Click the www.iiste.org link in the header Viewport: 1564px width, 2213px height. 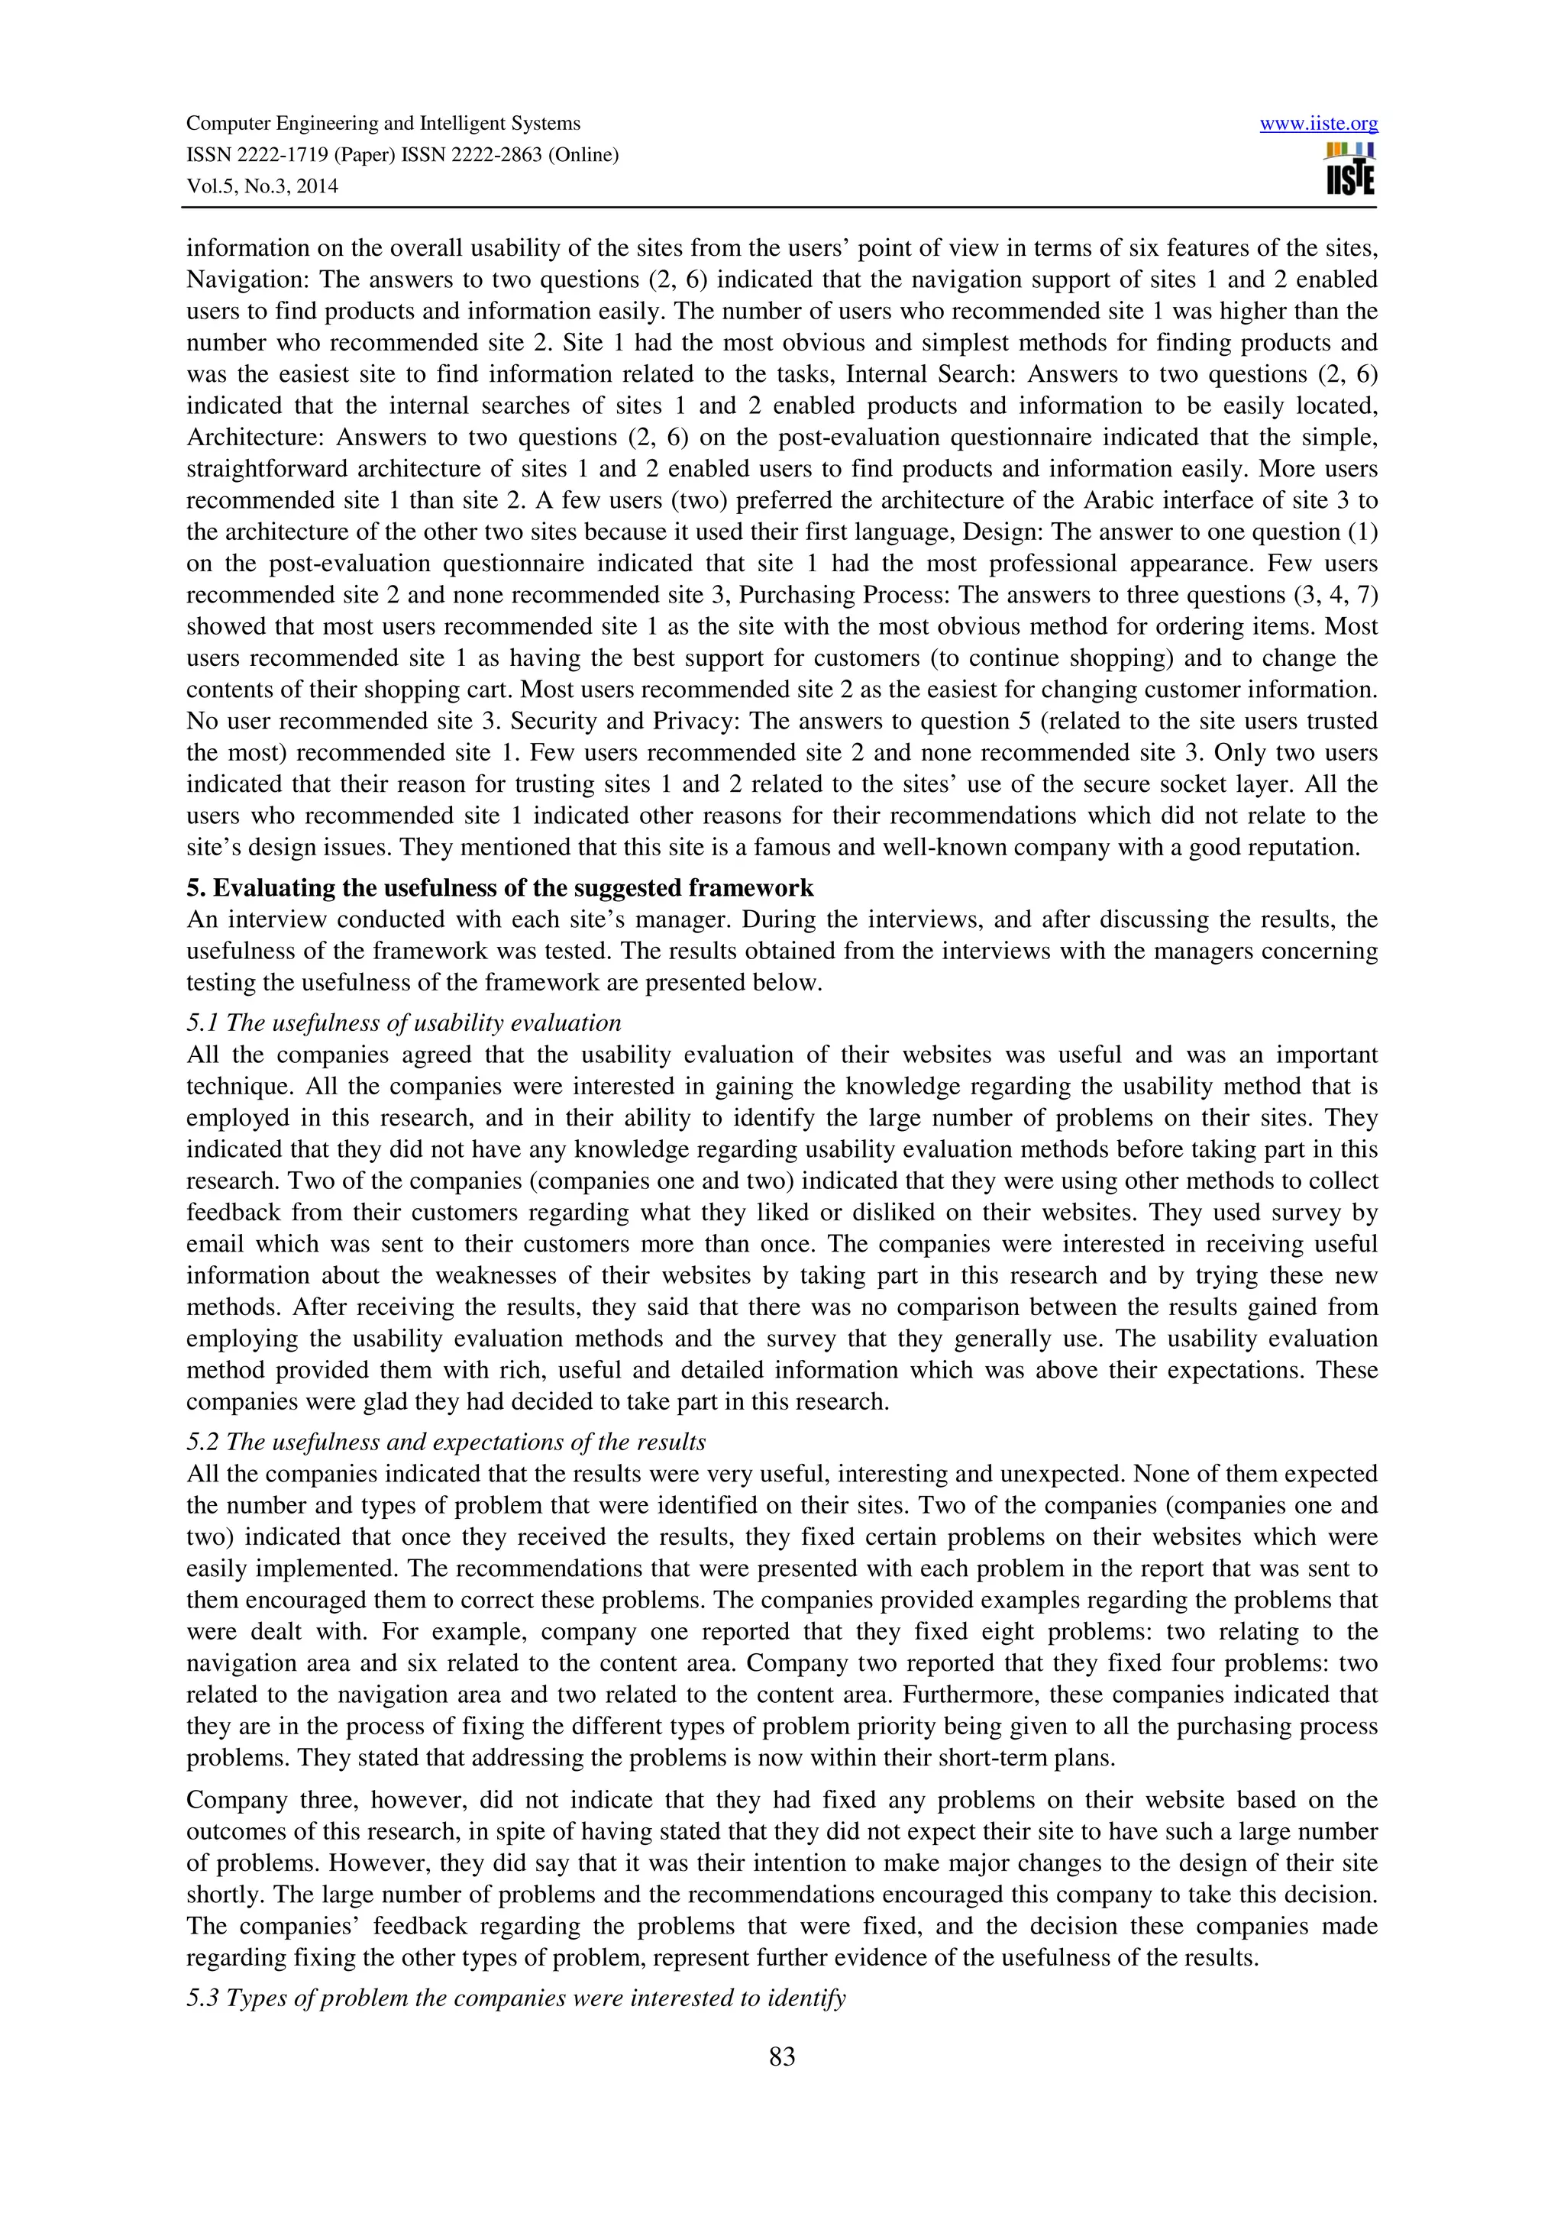(1318, 124)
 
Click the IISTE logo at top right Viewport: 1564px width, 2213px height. (1350, 170)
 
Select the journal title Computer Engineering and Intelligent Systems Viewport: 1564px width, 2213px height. (383, 124)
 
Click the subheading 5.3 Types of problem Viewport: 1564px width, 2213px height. (515, 1998)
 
